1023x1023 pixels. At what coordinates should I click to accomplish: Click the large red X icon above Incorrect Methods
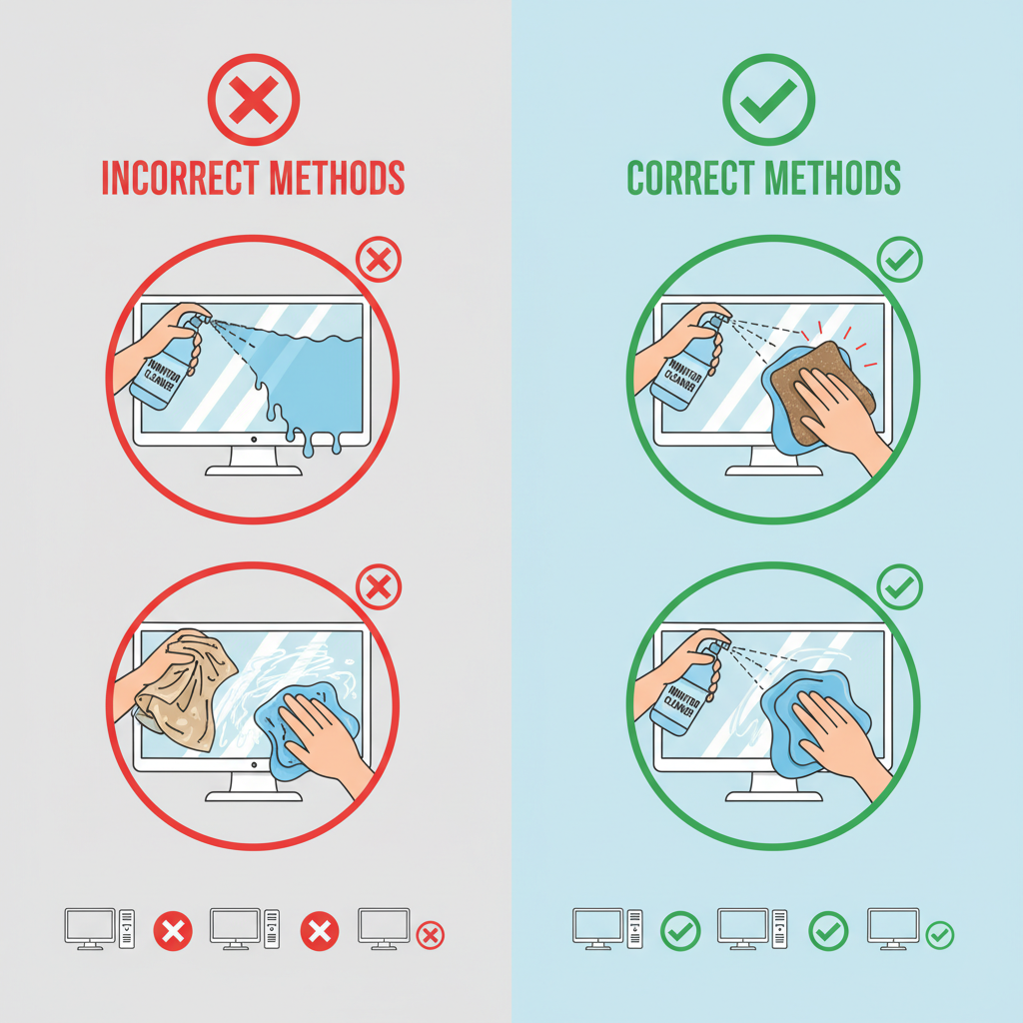[254, 100]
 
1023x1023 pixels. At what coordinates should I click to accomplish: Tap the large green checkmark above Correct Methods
[768, 100]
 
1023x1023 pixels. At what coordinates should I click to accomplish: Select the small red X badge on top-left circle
[378, 262]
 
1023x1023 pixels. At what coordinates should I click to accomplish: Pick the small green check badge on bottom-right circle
[899, 587]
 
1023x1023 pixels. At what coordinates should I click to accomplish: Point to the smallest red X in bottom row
[430, 935]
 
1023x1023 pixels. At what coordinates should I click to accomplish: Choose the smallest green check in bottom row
[939, 935]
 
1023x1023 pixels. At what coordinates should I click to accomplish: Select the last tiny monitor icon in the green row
[893, 926]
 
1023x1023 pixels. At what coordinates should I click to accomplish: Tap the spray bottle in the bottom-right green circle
[687, 689]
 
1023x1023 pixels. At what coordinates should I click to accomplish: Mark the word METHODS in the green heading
[835, 178]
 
